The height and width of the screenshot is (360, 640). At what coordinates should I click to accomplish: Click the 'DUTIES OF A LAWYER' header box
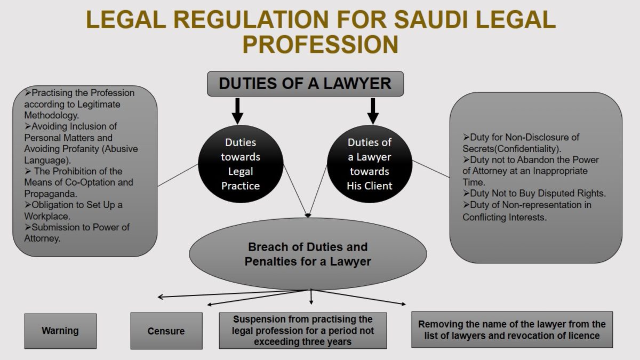[305, 84]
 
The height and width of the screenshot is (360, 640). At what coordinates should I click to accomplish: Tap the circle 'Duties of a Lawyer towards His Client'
[369, 164]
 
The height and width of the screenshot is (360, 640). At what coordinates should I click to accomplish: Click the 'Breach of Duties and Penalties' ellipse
[308, 254]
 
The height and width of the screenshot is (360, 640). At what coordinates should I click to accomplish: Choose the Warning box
[60, 331]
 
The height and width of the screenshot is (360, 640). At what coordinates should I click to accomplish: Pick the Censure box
[166, 331]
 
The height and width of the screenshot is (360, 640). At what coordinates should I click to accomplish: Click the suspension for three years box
[303, 331]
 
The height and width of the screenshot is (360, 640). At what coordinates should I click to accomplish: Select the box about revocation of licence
[512, 330]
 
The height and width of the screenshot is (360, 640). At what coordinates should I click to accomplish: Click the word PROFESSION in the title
[320, 45]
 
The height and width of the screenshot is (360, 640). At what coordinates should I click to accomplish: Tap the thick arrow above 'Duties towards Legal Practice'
[238, 110]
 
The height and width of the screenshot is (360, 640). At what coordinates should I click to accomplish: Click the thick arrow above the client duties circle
[373, 110]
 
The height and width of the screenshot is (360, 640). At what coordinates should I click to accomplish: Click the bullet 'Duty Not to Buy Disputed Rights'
[534, 194]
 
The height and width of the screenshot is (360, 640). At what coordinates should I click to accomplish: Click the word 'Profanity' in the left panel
[73, 149]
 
